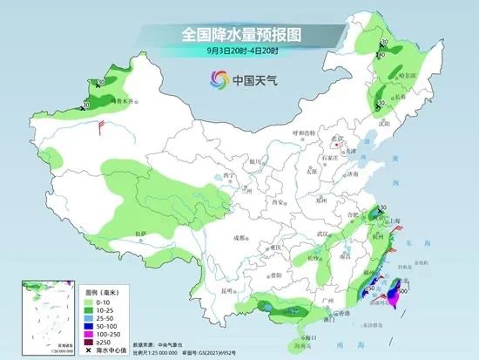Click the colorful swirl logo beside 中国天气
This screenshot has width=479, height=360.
coord(213,79)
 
